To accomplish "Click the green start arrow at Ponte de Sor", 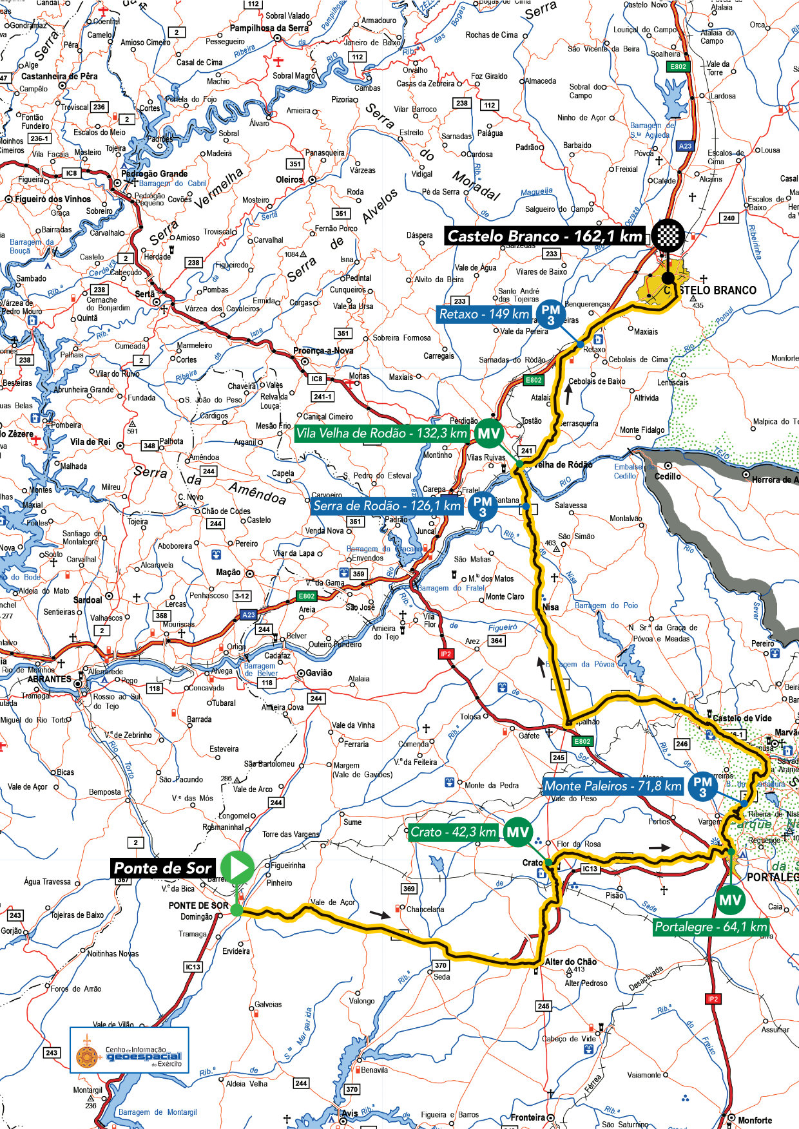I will [237, 868].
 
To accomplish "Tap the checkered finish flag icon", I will [668, 235].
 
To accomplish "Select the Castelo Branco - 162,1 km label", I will [545, 236].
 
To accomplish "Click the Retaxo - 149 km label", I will [484, 314].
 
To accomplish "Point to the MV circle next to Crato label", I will [518, 832].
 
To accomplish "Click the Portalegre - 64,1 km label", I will [711, 927].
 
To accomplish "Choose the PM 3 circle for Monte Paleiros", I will [702, 786].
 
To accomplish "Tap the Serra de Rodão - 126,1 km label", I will [387, 506].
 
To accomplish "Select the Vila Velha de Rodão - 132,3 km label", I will [381, 433].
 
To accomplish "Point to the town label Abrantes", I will [49, 679].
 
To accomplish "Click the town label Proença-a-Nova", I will [323, 351].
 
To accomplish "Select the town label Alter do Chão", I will [570, 962].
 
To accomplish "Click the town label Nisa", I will [550, 607].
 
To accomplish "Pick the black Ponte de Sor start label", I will [162, 868].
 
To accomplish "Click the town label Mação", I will [228, 572].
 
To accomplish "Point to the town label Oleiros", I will [289, 180].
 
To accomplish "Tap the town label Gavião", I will [318, 672].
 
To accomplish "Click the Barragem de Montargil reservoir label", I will [157, 1112].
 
